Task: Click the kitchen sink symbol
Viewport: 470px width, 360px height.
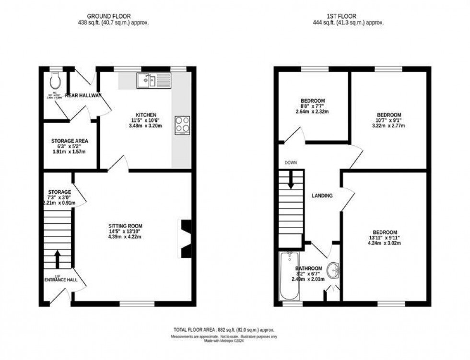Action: point(153,80)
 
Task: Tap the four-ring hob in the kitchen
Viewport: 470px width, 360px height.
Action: point(183,125)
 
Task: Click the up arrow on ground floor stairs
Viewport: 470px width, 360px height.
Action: point(58,259)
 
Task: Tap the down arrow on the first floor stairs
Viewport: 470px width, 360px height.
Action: point(291,181)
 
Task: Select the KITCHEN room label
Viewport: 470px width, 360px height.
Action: point(146,115)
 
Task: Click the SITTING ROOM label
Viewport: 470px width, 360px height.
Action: point(125,226)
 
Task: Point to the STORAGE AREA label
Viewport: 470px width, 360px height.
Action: point(70,141)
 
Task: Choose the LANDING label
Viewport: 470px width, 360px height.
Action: point(322,196)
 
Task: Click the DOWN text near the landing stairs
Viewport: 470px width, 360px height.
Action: point(291,163)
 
